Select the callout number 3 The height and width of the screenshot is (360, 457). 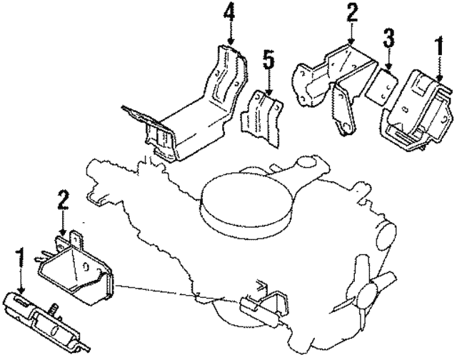coord(388,36)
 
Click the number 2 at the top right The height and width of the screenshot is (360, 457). coord(351,12)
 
